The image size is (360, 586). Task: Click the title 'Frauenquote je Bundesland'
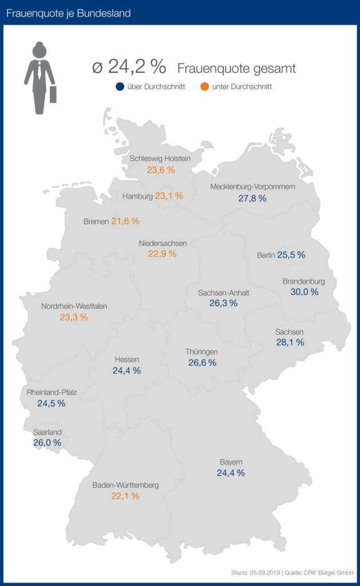tap(68, 13)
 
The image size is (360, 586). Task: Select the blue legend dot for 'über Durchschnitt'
tap(120, 87)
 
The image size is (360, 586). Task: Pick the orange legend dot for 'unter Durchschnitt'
tap(204, 87)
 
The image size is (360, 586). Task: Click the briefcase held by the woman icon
tap(53, 94)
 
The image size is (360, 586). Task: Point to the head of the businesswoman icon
tap(39, 50)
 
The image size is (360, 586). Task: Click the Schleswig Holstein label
tap(160, 159)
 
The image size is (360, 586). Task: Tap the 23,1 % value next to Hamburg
tap(169, 196)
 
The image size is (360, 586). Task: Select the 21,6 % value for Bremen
tap(125, 221)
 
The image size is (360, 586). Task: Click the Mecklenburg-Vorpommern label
tap(252, 187)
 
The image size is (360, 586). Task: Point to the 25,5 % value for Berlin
tap(291, 255)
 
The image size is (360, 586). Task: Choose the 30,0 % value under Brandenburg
tap(304, 292)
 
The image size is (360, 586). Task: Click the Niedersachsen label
tap(163, 243)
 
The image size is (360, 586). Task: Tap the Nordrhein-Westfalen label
tap(74, 306)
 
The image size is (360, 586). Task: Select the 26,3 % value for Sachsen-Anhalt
tap(223, 303)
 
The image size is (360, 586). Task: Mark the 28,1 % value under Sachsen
tap(290, 342)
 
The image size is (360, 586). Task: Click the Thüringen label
tap(201, 351)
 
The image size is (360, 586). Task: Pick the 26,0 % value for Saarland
tap(48, 442)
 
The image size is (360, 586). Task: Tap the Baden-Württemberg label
tap(125, 485)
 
